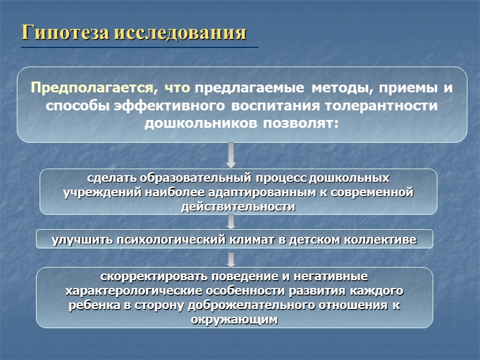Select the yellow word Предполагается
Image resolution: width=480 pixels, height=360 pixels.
[90, 88]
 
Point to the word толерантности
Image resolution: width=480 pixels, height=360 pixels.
[380, 106]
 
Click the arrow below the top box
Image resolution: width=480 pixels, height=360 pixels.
[231, 155]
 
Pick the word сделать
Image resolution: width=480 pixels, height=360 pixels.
[113, 178]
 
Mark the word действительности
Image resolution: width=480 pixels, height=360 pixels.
[238, 206]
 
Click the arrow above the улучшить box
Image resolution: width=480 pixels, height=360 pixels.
[231, 221]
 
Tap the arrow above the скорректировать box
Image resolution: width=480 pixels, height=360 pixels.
[231, 259]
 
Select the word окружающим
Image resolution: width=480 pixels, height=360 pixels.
[235, 320]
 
